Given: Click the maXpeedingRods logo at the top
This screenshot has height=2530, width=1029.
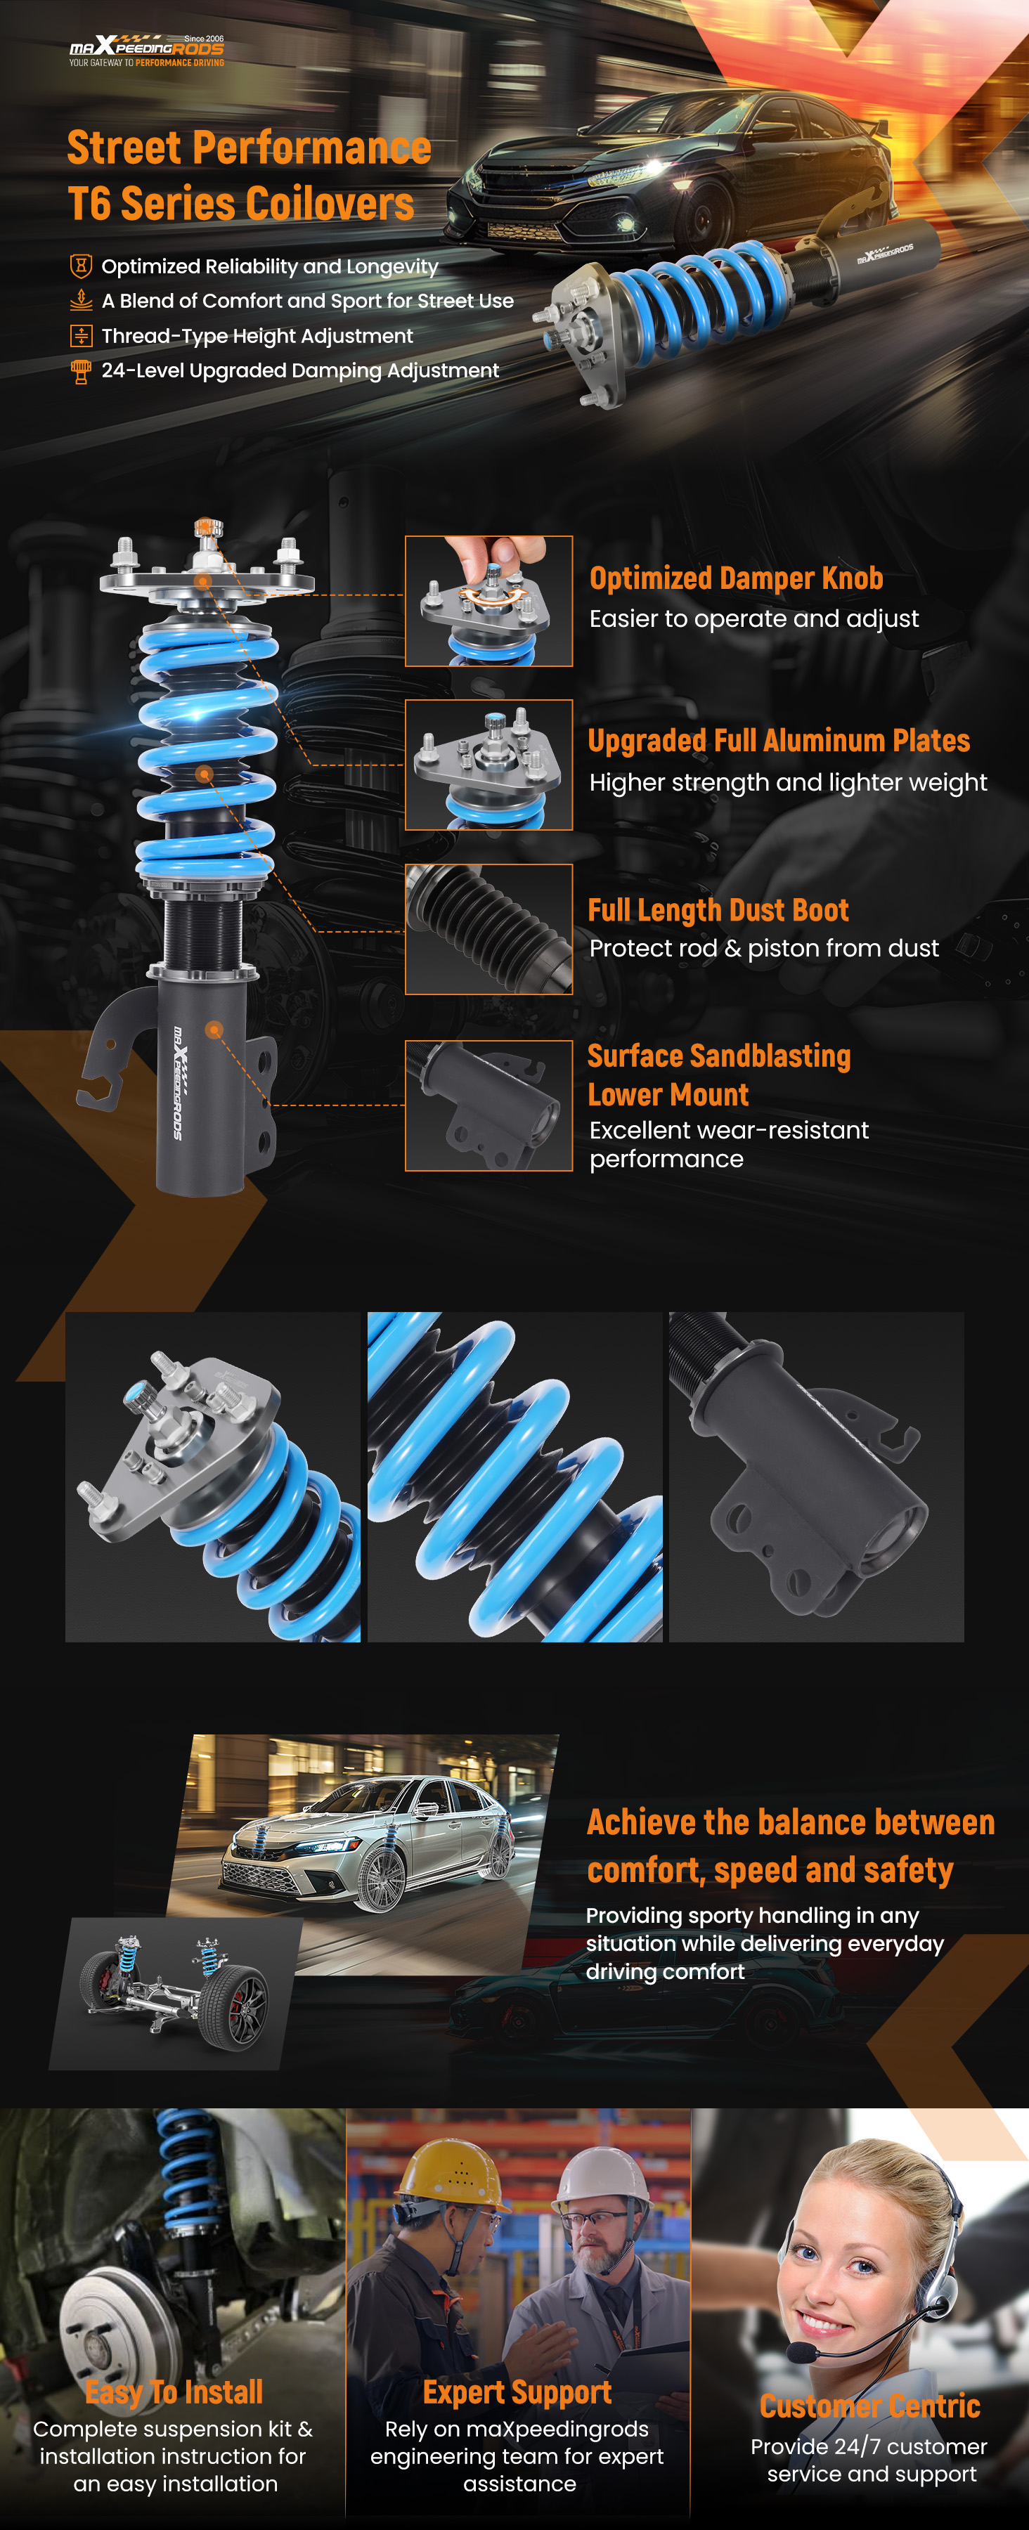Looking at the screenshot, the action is click(x=146, y=50).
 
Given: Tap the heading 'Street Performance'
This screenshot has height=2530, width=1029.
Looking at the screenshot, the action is click(x=250, y=148).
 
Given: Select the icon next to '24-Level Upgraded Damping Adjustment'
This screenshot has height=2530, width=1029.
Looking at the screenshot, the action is click(x=81, y=370).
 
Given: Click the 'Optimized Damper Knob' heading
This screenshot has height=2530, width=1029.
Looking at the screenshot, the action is click(x=737, y=578).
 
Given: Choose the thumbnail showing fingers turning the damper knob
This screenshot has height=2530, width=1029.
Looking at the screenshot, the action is click(x=489, y=601).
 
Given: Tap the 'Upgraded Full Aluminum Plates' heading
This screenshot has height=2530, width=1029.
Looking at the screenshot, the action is click(x=779, y=741).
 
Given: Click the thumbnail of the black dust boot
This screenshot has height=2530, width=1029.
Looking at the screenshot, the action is click(x=489, y=929).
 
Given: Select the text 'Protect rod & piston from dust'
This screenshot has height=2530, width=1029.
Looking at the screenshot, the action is click(x=764, y=948).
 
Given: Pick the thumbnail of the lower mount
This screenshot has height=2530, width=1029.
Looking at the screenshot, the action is click(x=489, y=1106).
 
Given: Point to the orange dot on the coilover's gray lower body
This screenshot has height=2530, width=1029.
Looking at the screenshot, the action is click(x=214, y=1030).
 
